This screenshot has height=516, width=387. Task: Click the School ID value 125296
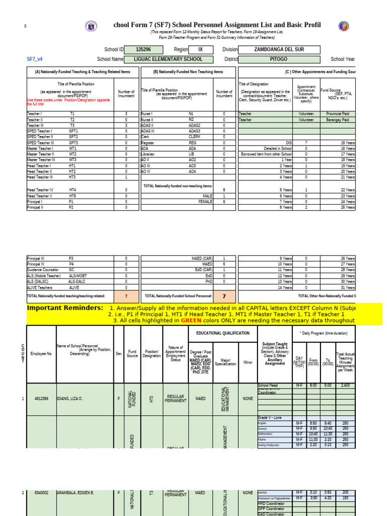(143, 50)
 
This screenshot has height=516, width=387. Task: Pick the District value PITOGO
(279, 59)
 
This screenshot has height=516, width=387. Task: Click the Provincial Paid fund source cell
(338, 114)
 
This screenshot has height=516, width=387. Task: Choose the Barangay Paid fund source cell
(338, 120)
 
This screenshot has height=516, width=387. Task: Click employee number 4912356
(41, 399)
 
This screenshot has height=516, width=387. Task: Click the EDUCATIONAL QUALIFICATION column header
(219, 333)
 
